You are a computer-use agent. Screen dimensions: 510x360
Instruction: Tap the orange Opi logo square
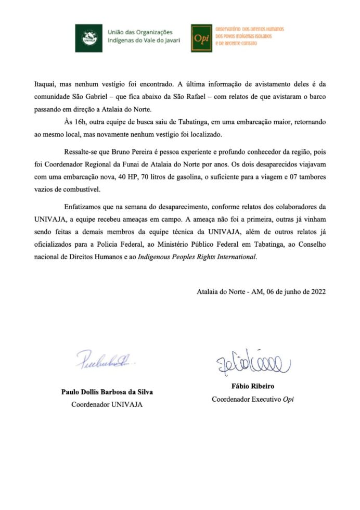[x=201, y=37]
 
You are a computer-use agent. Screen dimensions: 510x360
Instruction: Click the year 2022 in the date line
[x=316, y=291]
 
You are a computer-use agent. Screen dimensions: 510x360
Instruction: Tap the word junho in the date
[x=287, y=291]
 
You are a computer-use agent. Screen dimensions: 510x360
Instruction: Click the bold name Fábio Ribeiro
[x=255, y=387]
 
